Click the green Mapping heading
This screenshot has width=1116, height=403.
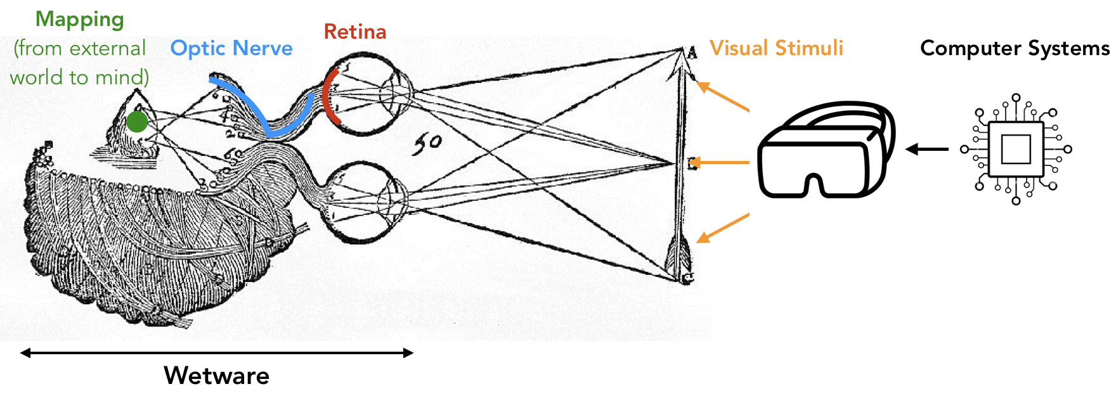[80, 20]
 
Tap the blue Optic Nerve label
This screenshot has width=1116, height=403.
[231, 48]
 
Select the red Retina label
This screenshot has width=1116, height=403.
[355, 32]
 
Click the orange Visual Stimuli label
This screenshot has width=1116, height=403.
[776, 48]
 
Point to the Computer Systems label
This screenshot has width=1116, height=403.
[1015, 48]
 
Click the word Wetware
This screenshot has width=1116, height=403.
[217, 376]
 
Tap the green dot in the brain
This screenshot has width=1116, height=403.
[137, 122]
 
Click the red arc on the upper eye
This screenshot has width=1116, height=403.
[325, 95]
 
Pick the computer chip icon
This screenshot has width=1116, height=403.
[1016, 150]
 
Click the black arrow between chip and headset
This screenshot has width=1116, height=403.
[927, 150]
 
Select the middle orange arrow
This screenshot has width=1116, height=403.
[720, 163]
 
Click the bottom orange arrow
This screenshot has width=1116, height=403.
[723, 228]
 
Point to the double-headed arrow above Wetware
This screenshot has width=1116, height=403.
[217, 353]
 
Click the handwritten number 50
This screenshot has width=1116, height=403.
[427, 144]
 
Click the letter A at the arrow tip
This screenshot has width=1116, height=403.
[691, 52]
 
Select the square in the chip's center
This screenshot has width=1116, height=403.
[1016, 150]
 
